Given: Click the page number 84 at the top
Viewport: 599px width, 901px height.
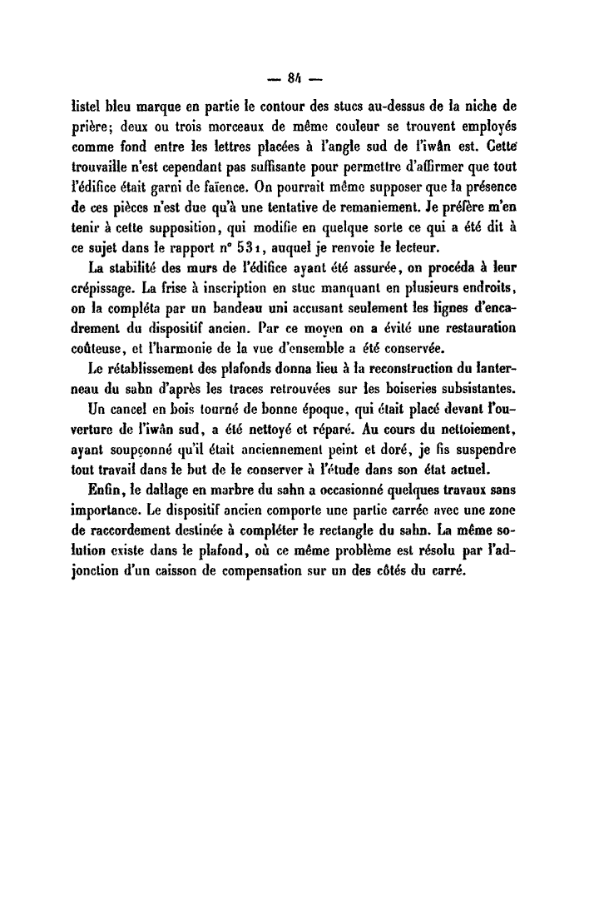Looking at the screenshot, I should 291,82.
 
